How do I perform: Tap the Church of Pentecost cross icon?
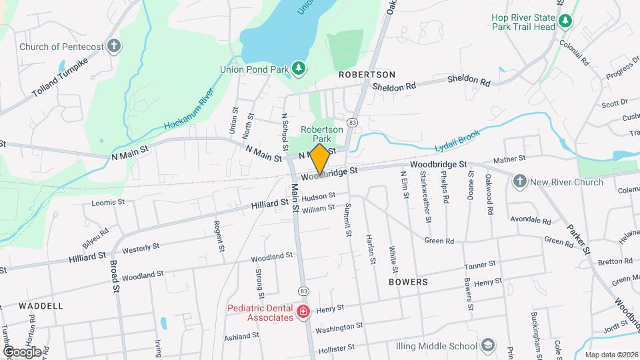click(114, 47)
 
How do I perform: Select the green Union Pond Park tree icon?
click(299, 68)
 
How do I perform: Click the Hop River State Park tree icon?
click(565, 21)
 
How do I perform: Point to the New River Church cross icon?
click(520, 181)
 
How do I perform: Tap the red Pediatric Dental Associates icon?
click(303, 311)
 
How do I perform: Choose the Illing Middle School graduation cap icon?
click(488, 345)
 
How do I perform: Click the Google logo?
click(21, 351)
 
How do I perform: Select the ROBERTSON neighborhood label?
click(367, 75)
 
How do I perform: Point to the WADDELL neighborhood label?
click(41, 305)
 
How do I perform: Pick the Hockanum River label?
click(189, 108)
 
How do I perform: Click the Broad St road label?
click(114, 276)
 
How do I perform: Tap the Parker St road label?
click(579, 239)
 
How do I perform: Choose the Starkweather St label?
click(424, 196)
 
